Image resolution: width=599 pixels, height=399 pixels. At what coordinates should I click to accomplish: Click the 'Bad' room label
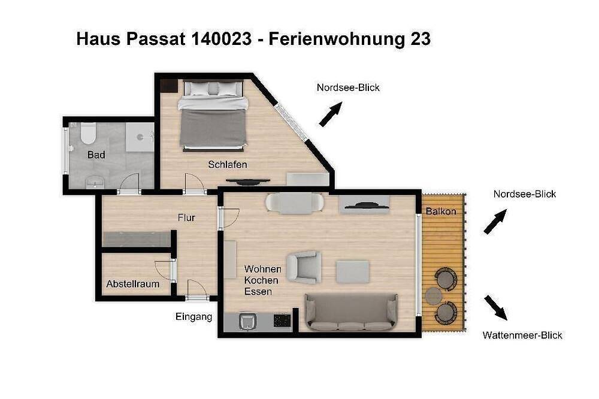click(96, 155)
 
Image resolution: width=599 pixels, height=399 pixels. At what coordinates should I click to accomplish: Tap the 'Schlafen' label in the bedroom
click(228, 164)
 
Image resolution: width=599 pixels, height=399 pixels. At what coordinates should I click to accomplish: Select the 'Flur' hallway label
click(186, 217)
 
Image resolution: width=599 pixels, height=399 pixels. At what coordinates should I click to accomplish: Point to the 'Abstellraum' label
click(133, 283)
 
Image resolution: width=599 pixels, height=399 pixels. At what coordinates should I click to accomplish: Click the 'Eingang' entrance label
click(193, 317)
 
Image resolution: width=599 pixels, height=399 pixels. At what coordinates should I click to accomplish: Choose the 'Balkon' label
click(441, 211)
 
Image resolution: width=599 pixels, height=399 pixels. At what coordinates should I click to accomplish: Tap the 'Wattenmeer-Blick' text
click(522, 335)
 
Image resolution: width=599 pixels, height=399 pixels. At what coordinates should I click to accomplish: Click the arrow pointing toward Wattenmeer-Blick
click(495, 307)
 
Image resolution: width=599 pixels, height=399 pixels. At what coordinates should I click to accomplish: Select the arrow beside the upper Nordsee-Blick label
click(330, 114)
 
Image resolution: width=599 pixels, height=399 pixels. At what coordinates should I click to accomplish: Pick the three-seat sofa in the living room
click(351, 312)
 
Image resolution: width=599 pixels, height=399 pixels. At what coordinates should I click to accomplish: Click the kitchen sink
click(247, 322)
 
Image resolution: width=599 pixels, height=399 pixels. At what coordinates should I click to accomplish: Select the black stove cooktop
click(282, 321)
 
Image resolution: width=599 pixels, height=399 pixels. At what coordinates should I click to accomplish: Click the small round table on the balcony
click(434, 295)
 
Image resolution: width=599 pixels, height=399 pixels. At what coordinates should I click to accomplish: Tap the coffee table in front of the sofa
click(352, 271)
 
